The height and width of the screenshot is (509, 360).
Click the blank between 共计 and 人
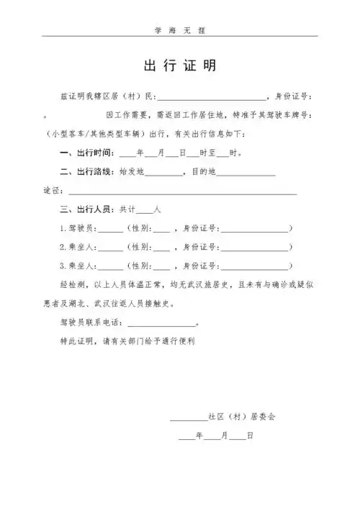click(144, 210)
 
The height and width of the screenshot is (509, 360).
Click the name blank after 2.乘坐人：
click(110, 248)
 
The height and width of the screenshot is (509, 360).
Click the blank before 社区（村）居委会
click(188, 417)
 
